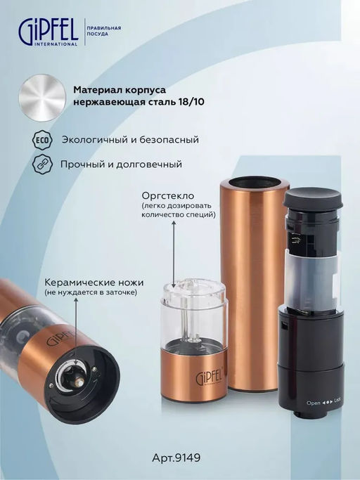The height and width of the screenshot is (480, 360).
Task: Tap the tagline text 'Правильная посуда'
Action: point(104,31)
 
